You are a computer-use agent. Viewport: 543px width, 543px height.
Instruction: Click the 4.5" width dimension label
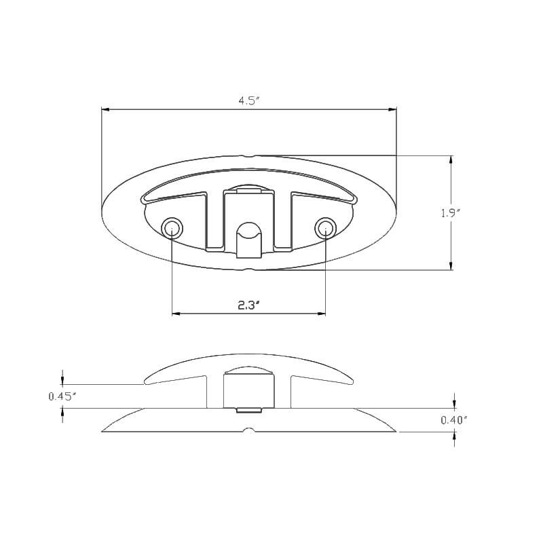pos(249,100)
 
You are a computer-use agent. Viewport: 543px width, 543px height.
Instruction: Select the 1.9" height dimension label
pos(450,212)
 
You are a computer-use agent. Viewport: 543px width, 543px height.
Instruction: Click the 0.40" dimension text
pos(454,420)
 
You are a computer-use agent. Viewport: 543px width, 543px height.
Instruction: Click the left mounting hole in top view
pos(172,227)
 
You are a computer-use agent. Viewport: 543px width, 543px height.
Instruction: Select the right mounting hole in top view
pos(326,227)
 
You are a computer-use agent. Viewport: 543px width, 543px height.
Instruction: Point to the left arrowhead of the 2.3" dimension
pos(176,314)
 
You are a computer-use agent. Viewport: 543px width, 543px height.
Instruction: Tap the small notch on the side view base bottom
pos(249,430)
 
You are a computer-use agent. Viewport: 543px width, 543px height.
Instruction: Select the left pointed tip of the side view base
pos(103,430)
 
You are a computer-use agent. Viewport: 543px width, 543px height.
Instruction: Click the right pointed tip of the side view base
pos(396,430)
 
